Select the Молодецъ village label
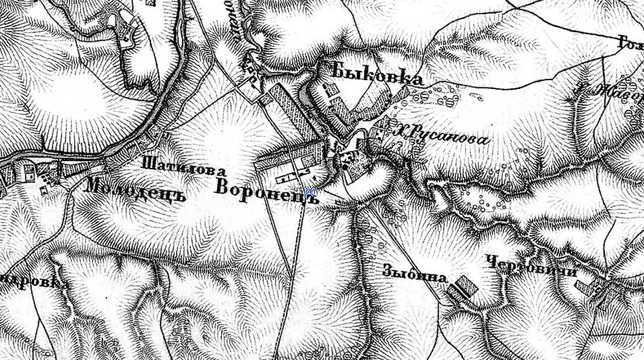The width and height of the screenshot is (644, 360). coord(135,190)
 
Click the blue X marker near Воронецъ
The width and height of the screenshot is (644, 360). coord(309,191)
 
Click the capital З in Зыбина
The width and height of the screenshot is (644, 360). coord(388,271)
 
